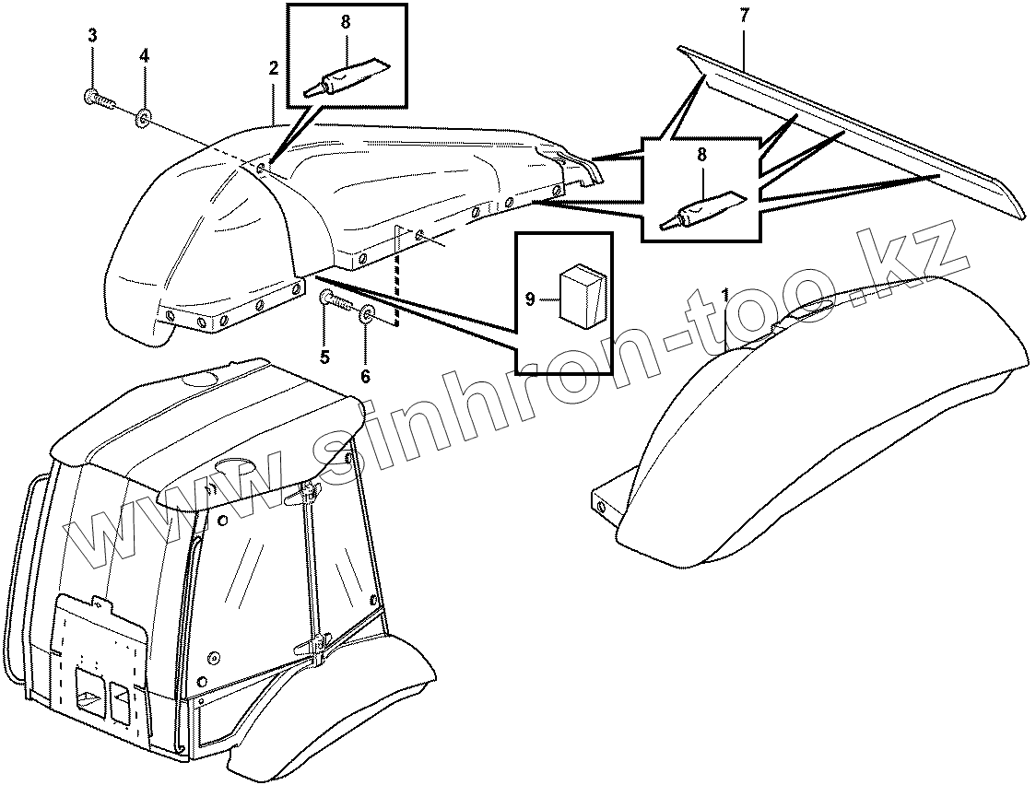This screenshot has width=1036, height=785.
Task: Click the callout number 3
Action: click(92, 36)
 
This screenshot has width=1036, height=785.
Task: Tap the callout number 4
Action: click(144, 55)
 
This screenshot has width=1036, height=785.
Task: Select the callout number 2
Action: click(273, 67)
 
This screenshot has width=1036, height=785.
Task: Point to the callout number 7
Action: click(745, 15)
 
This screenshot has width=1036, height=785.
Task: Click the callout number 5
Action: click(324, 357)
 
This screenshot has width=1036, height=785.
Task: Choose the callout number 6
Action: click(365, 376)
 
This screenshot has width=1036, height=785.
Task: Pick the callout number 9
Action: click(530, 299)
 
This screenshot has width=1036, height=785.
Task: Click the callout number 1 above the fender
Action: click(725, 295)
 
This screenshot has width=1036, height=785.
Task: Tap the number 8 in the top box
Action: click(346, 22)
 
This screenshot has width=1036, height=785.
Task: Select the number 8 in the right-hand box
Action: click(701, 156)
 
